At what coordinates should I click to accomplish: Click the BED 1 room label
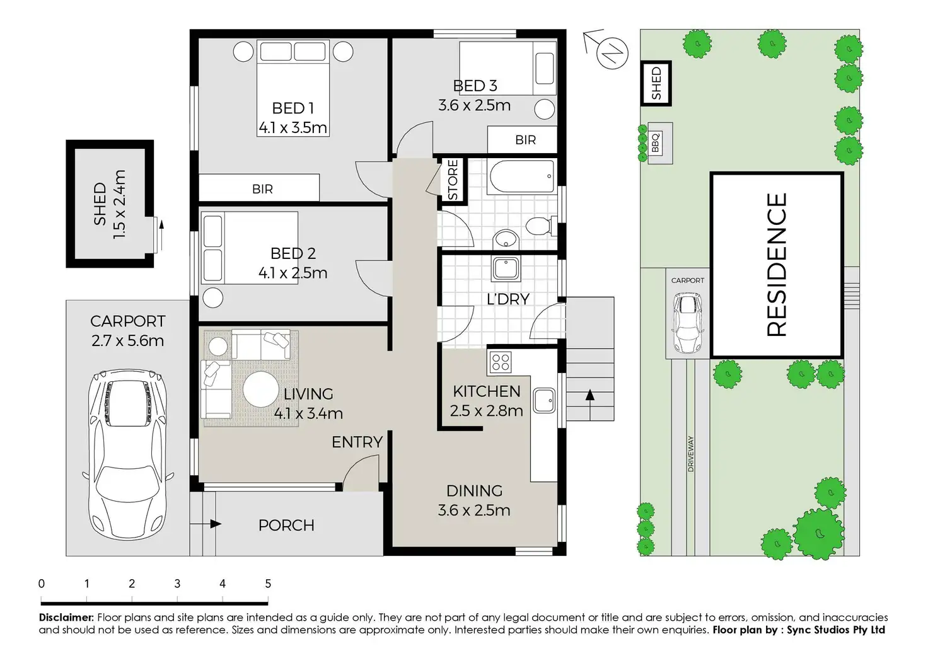(x=293, y=108)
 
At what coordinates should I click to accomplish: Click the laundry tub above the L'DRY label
(x=505, y=268)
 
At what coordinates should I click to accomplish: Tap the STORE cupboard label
(x=453, y=180)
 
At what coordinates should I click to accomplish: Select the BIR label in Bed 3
(x=525, y=140)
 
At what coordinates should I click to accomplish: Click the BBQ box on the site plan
(x=656, y=142)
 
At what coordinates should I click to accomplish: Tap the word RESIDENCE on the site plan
(x=777, y=265)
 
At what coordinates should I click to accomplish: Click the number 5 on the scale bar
(x=268, y=584)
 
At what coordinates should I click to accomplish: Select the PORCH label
(x=286, y=525)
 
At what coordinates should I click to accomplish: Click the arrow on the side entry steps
(x=590, y=396)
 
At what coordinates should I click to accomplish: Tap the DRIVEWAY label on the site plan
(x=691, y=454)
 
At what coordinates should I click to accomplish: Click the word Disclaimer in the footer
(x=66, y=618)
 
